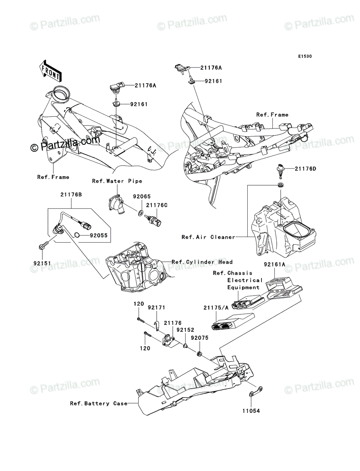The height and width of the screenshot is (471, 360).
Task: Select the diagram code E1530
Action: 305,57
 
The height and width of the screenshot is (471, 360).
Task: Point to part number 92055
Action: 98,236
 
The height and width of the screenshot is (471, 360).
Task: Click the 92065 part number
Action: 142,196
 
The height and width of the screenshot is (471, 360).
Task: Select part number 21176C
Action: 157,205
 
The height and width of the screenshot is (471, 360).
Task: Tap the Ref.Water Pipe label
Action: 117,181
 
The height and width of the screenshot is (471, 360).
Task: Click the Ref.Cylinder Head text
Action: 202,262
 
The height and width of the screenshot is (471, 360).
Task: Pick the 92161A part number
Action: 274,265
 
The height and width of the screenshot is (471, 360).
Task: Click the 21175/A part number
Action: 216,308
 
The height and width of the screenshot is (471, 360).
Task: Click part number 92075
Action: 199,337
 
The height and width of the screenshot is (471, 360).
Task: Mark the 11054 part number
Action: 251,411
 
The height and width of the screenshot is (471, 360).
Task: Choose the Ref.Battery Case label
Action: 99,403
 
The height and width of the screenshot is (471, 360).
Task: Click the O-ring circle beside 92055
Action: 78,235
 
